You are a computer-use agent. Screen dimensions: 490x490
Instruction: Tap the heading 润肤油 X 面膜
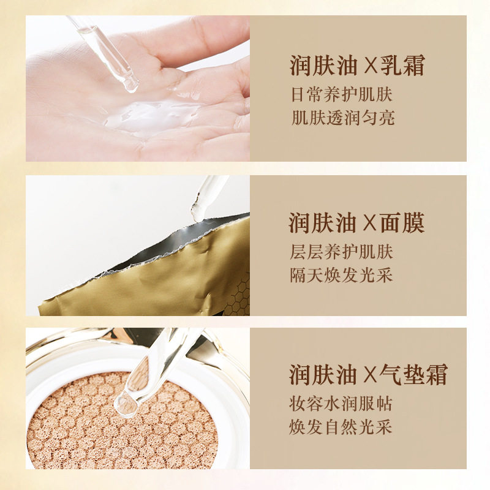click(x=357, y=224)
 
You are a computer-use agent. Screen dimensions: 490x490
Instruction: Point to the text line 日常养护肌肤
click(x=341, y=96)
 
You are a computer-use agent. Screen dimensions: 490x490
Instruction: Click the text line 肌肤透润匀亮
click(x=341, y=118)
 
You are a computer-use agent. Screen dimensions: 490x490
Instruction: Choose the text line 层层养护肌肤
click(x=341, y=252)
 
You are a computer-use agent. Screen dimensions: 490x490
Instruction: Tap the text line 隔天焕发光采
click(x=341, y=275)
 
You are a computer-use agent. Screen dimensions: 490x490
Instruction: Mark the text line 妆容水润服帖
click(x=341, y=405)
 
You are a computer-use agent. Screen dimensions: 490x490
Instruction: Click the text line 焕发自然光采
click(x=341, y=428)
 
